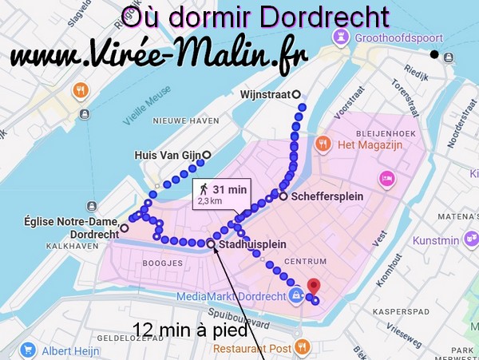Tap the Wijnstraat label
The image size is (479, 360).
point(265,94)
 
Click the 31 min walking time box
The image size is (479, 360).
point(222,193)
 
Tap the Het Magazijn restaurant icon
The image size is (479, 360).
point(323,144)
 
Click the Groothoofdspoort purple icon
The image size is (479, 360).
point(342,37)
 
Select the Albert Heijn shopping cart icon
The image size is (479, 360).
point(28,350)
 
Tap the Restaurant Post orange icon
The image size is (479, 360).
point(302,346)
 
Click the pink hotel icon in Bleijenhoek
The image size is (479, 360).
point(386,178)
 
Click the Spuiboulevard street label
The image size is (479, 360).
point(248,315)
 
